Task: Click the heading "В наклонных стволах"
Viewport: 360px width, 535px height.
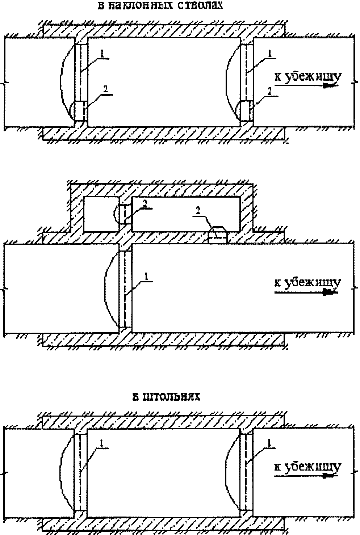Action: pyautogui.click(x=159, y=6)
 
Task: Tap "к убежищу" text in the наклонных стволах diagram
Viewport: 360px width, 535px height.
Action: pyautogui.click(x=307, y=77)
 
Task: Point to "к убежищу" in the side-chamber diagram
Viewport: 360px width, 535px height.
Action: pyautogui.click(x=307, y=282)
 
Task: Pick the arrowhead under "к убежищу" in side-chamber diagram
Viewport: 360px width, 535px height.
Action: pyautogui.click(x=330, y=291)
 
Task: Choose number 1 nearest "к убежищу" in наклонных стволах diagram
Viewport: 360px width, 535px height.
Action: pyautogui.click(x=269, y=53)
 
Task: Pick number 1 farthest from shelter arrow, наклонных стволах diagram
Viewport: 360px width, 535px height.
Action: pyautogui.click(x=102, y=53)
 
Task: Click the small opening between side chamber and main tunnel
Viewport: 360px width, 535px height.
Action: pyautogui.click(x=218, y=236)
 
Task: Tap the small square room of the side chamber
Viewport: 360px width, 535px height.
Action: pyautogui.click(x=101, y=214)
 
